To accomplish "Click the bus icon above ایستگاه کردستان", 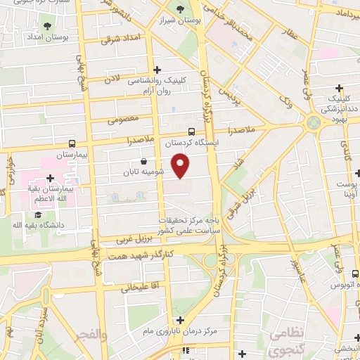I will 192,131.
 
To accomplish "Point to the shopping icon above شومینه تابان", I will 144,161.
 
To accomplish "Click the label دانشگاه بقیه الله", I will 37,225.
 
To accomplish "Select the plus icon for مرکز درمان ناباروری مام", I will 180,320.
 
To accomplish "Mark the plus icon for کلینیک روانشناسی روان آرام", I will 157,70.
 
